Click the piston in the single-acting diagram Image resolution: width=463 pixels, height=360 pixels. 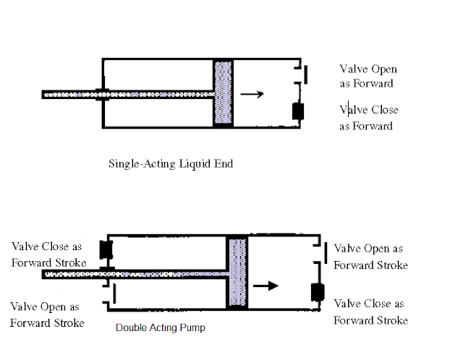(x=223, y=93)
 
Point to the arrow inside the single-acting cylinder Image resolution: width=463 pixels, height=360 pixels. (x=252, y=93)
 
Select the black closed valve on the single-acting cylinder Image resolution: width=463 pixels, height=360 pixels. (x=297, y=111)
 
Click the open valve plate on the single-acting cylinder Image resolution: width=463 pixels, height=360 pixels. (x=305, y=74)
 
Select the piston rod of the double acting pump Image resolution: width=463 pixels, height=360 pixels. (x=137, y=274)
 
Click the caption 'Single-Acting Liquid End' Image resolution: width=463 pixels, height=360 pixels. (x=170, y=163)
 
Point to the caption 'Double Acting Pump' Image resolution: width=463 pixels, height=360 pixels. (x=160, y=328)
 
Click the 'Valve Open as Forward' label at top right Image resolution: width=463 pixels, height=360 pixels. (x=368, y=76)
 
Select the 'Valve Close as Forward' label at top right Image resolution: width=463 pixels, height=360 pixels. (x=368, y=118)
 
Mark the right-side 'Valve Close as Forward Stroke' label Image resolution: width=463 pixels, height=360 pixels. (x=371, y=312)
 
